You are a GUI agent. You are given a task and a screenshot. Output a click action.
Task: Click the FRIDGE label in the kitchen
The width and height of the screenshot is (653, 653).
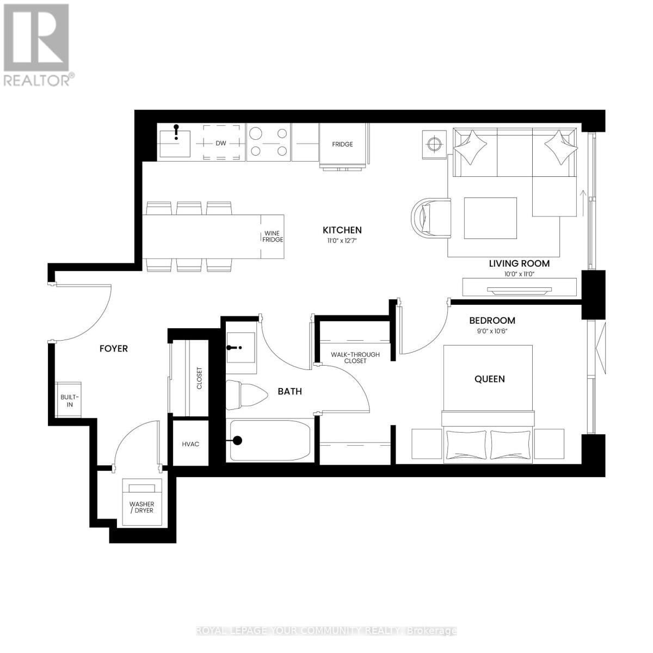pos(343,144)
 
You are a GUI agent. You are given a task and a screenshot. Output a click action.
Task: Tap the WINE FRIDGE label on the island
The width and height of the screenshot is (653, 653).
pos(273,236)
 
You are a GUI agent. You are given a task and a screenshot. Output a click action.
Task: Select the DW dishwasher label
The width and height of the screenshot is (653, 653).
pos(220,144)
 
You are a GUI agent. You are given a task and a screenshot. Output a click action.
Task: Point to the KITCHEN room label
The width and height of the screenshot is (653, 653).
pos(342,230)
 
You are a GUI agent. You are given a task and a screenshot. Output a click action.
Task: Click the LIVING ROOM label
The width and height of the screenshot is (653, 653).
pos(519,263)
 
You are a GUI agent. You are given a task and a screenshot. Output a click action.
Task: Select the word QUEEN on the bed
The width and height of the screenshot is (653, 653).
pos(489,379)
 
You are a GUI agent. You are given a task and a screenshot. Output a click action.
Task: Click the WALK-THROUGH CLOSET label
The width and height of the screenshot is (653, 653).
pos(355,358)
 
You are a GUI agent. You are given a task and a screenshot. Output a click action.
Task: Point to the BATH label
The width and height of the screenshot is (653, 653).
pos(289,391)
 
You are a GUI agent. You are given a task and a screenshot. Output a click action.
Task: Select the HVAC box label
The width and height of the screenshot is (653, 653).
pos(190,444)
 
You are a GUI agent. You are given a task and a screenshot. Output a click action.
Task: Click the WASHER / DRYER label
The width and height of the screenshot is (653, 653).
pos(141,507)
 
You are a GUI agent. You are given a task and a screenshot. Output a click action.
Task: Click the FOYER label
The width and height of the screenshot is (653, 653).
pos(113,348)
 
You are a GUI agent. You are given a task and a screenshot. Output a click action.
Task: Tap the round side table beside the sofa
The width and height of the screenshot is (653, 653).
pos(434,144)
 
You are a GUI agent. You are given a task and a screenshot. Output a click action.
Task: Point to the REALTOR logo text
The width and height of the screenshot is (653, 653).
pos(37,79)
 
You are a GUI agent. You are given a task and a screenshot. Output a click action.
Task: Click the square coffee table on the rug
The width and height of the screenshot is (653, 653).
pos(490,218)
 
